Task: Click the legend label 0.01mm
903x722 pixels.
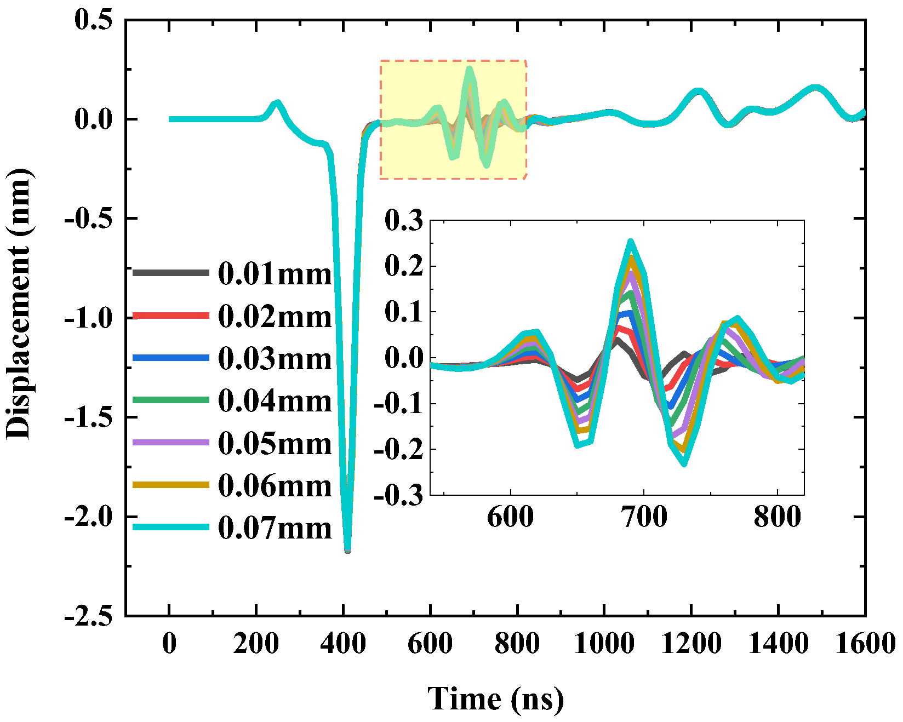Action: click(275, 273)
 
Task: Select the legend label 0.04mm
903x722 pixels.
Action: click(275, 401)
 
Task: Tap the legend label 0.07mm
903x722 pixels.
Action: click(275, 528)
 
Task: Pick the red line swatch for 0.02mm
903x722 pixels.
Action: click(170, 316)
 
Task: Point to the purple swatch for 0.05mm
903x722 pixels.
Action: click(170, 442)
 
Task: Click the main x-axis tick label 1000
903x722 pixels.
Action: click(604, 643)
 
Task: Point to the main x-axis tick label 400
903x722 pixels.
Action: click(343, 643)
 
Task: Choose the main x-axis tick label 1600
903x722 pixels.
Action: click(865, 643)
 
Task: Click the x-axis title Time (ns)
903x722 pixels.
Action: click(495, 698)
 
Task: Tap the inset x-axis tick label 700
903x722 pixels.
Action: click(644, 517)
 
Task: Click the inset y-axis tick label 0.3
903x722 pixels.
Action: click(404, 221)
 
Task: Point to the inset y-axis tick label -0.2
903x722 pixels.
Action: click(399, 449)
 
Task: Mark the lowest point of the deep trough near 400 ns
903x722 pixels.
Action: click(347, 549)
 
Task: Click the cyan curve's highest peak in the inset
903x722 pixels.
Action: click(631, 242)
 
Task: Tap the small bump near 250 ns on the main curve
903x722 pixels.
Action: click(277, 103)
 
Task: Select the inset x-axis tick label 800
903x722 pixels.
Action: click(777, 517)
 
